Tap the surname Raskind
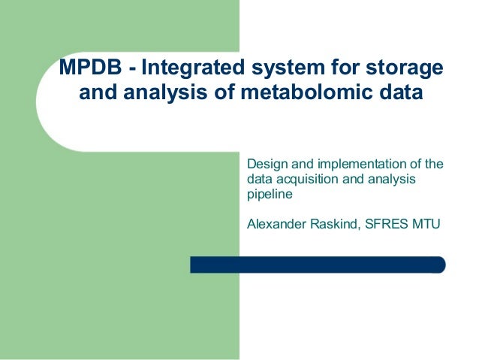pos(333,223)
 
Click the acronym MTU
pos(427,223)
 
